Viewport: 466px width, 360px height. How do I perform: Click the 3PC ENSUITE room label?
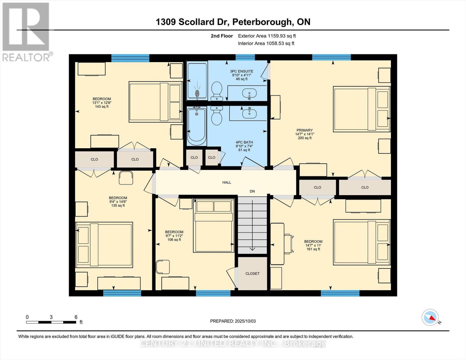(241, 71)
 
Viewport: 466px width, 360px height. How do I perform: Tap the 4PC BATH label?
(244, 142)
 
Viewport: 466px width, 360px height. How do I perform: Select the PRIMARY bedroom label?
(305, 130)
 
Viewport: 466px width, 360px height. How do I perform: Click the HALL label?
(227, 182)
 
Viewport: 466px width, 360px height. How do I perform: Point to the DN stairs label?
(252, 191)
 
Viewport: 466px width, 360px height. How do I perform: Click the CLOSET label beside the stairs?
(252, 274)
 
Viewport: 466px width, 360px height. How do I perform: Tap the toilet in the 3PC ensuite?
(216, 91)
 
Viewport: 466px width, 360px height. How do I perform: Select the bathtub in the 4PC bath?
(197, 126)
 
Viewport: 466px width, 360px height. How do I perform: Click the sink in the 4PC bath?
(249, 113)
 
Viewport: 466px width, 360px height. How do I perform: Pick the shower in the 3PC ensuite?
(197, 80)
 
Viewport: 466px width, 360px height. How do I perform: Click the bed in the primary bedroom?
(362, 109)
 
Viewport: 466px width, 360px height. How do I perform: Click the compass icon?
(430, 317)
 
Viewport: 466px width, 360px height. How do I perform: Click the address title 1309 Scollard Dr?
(233, 22)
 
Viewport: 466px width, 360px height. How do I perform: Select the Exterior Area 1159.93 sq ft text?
(267, 36)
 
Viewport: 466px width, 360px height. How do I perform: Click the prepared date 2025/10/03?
(233, 321)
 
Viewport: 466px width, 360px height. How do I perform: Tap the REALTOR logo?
(26, 31)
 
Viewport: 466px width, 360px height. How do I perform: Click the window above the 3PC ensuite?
(245, 57)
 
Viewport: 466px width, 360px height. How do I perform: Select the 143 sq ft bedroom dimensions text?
(102, 103)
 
